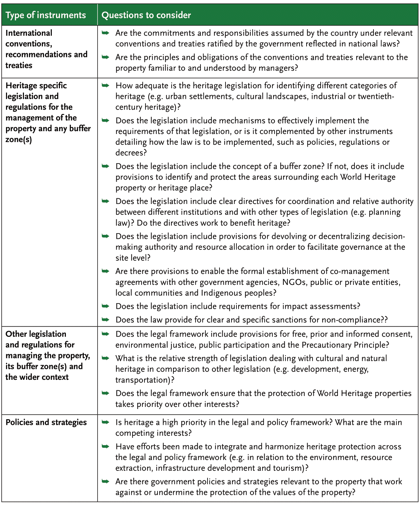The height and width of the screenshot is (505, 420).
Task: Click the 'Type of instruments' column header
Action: point(46,15)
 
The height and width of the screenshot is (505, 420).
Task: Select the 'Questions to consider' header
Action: point(146,15)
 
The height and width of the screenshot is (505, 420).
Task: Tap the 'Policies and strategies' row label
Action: point(46,422)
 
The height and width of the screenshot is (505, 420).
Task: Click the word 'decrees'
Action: point(129,153)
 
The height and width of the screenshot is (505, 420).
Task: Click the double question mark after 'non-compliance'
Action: point(384,320)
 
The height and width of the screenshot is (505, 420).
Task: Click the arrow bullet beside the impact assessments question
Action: point(105,306)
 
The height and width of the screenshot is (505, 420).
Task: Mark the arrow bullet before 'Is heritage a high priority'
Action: point(105,422)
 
